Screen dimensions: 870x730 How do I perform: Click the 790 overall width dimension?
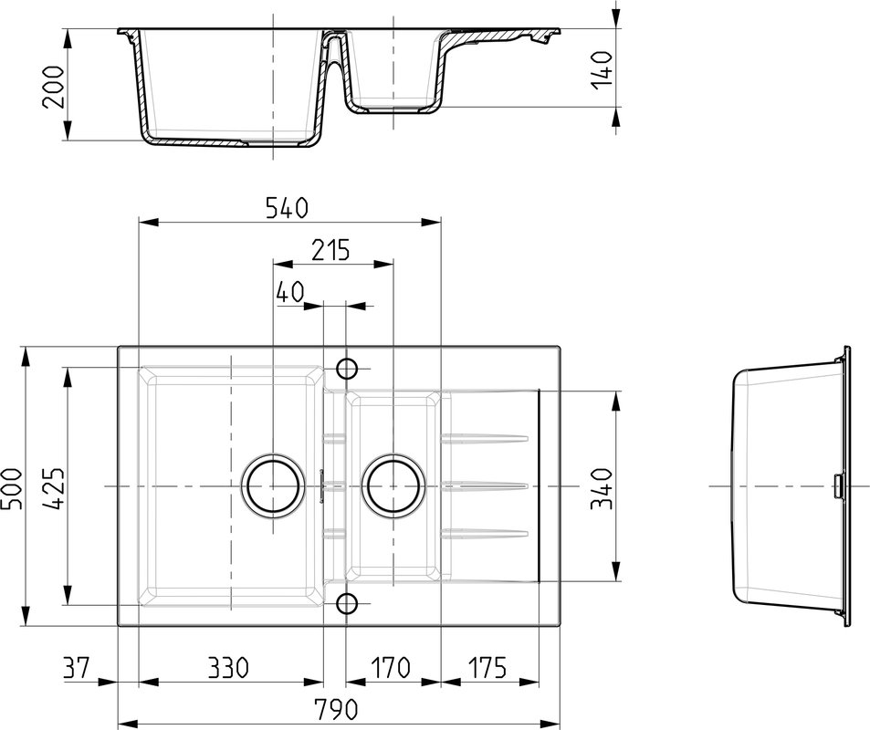336,708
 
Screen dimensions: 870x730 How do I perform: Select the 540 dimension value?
287,208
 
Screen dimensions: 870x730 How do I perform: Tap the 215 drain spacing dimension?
330,250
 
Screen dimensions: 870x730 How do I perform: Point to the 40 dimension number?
290,292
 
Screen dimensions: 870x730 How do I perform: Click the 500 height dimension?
12,488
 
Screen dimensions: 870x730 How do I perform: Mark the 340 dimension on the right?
602,488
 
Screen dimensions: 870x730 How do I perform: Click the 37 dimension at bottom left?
76,667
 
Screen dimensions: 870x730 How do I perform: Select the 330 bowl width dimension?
228,667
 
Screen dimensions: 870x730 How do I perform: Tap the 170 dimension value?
390,667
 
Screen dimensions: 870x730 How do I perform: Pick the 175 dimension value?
487,667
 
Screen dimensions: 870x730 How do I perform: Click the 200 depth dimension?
54,87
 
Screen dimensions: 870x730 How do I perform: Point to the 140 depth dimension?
602,68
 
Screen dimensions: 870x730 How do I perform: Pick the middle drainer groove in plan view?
484,486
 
